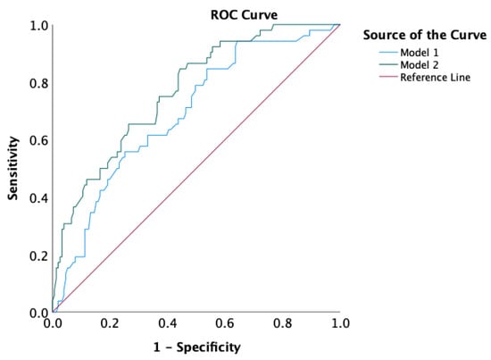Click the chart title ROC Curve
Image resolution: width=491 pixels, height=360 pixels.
244,14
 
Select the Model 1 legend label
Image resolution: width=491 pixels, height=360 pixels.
420,53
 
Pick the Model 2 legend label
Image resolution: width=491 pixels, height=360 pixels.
420,65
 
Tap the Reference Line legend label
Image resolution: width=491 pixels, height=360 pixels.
436,78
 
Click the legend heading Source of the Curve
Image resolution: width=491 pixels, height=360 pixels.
425,35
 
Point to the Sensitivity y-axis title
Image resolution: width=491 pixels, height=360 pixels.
13,168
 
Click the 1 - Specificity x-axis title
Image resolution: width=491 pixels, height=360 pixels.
197,347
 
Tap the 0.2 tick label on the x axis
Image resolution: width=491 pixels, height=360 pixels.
110,323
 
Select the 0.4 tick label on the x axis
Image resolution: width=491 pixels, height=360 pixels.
168,323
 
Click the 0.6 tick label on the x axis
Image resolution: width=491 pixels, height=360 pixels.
225,323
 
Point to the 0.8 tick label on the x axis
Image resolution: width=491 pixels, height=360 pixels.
282,323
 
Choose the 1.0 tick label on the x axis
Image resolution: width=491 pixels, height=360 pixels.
340,323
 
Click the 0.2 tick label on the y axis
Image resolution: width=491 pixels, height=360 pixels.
38,256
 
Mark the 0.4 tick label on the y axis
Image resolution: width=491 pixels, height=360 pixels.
38,198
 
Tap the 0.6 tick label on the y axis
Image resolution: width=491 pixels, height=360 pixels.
38,140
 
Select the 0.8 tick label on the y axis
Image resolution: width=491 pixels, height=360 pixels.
38,83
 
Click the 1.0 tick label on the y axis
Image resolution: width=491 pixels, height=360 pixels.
38,26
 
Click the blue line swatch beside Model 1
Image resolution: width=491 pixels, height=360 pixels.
388,53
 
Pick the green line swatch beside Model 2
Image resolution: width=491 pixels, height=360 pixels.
388,65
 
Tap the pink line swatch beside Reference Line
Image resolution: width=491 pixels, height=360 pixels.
388,77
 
